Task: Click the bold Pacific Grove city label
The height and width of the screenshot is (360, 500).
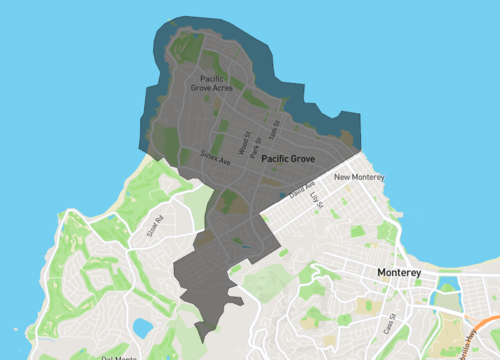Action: point(290,159)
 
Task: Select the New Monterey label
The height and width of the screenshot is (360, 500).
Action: point(357,178)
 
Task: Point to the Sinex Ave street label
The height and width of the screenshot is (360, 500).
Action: point(214,157)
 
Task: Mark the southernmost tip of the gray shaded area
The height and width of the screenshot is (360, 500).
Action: point(200,340)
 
